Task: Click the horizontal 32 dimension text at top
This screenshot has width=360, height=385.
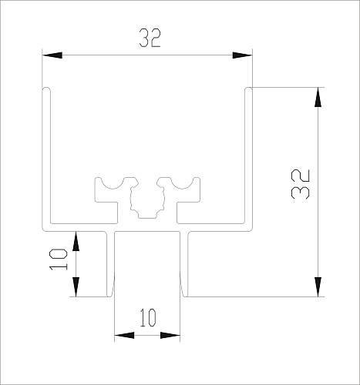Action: pyautogui.click(x=150, y=38)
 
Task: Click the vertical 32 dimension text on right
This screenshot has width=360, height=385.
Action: pyautogui.click(x=301, y=184)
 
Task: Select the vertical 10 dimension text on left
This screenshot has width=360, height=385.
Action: pyautogui.click(x=59, y=259)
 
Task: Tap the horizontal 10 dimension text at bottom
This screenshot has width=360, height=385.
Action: pyautogui.click(x=148, y=318)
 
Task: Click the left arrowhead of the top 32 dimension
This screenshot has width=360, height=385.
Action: pyautogui.click(x=52, y=55)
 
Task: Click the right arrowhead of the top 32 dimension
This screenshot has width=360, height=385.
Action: pyautogui.click(x=242, y=55)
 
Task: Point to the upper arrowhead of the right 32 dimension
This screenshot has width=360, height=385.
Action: pyautogui.click(x=318, y=97)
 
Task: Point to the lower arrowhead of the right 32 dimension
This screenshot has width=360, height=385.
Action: pyautogui.click(x=318, y=287)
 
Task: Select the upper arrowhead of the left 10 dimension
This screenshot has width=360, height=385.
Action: pyautogui.click(x=76, y=241)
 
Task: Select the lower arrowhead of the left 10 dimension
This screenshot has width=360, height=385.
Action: pyautogui.click(x=76, y=287)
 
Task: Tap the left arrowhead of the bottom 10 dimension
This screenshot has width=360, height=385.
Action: pyautogui.click(x=124, y=335)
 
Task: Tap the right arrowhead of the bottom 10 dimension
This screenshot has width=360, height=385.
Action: pyautogui.click(x=170, y=335)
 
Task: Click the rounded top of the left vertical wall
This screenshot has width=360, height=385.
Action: pyautogui.click(x=46, y=89)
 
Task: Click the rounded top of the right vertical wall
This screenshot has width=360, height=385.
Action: pyautogui.click(x=248, y=89)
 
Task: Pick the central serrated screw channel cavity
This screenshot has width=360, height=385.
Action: pyautogui.click(x=147, y=202)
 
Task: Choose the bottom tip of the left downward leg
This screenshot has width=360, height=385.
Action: pyautogui.click(x=110, y=296)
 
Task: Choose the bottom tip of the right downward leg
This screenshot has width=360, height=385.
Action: pyautogui.click(x=184, y=296)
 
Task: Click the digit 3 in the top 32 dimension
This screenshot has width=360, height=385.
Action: pyautogui.click(x=144, y=38)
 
